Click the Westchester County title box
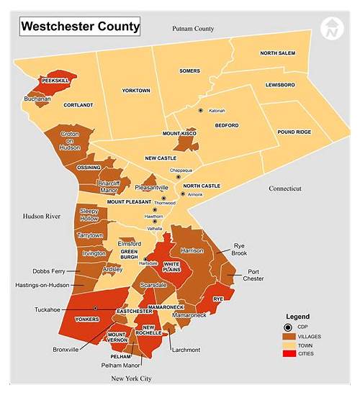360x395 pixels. [79, 27]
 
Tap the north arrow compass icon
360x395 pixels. [332, 29]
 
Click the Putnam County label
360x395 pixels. [193, 28]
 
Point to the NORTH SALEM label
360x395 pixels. [278, 53]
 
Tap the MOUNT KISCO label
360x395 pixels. [180, 135]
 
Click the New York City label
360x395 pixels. [131, 378]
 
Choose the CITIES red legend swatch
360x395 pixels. [292, 353]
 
